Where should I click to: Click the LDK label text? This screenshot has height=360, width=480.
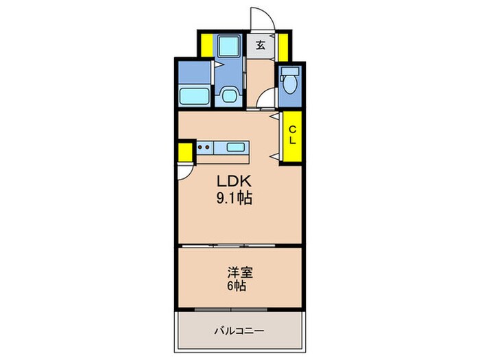235,183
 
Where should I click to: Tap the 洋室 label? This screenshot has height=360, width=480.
239,272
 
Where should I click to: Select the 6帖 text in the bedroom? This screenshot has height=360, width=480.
239,285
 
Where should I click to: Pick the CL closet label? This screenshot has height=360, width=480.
291,135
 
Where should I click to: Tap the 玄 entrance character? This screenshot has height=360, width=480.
261,45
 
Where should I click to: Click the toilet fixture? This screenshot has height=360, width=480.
288,84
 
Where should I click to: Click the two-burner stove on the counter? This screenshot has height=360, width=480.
204,147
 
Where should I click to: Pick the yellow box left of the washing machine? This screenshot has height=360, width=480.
205,45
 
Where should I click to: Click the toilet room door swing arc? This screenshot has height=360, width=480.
264,103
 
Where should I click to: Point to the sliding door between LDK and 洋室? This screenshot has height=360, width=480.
239,245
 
